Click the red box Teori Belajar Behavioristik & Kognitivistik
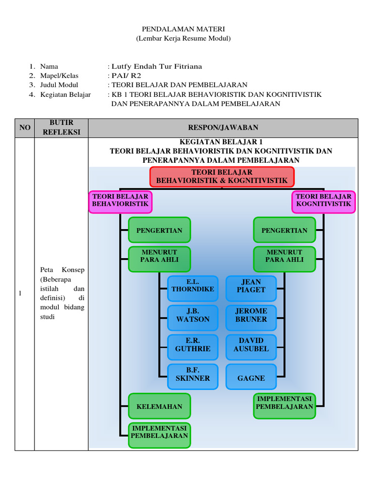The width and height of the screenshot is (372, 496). point(222,177)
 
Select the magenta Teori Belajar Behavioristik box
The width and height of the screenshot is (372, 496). point(120,202)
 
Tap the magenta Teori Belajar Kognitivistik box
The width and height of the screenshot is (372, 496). point(324,202)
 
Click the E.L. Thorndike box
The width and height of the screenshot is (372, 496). point(193,288)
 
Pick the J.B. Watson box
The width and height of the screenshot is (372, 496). point(193,318)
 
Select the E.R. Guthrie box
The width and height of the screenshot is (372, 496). point(193,347)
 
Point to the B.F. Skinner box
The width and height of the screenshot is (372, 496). point(193,376)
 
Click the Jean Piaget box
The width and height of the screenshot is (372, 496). point(251,288)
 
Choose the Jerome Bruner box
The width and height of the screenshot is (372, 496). point(251,318)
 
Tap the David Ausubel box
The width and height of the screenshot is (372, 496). point(251,347)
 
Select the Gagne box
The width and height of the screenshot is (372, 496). point(251,376)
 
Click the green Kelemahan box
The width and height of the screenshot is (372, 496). point(159,406)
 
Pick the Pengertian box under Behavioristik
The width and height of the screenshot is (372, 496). point(159,230)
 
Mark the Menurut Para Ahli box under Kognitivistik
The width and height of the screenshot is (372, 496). point(284,260)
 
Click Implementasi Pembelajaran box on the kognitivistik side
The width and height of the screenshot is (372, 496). point(284,406)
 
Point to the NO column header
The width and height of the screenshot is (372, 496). point(25,128)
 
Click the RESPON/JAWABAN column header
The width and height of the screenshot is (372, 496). point(223,128)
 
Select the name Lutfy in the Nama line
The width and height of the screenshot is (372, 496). point(121,67)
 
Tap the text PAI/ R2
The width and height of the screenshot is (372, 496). point(126,76)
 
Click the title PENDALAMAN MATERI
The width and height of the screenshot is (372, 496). point(183,29)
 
